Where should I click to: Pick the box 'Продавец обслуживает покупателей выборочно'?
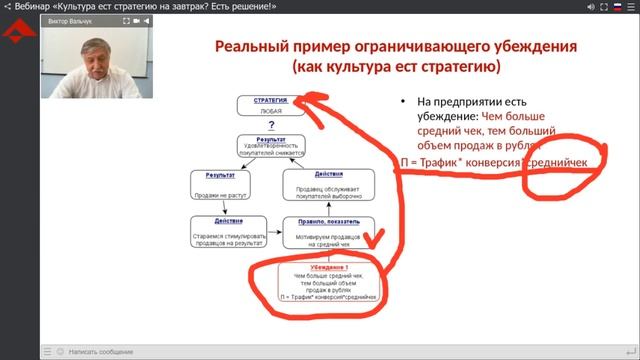click(x=328, y=185)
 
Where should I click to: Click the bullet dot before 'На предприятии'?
click(x=404, y=102)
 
